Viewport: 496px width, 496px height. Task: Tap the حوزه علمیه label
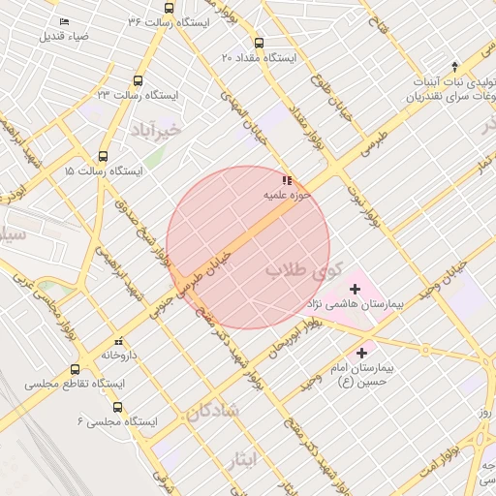(287, 195)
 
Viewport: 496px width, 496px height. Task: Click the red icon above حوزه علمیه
(286, 180)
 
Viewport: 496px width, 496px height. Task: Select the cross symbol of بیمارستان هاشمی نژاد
(354, 289)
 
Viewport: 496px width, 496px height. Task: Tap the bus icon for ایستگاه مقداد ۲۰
(258, 43)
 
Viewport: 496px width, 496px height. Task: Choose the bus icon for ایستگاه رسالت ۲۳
(138, 80)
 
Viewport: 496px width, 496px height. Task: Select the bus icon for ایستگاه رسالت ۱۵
(104, 156)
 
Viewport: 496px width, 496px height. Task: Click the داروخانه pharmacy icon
(118, 341)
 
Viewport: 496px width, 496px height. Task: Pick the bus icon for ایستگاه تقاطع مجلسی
(76, 369)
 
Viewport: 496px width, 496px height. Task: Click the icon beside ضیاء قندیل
(64, 21)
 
